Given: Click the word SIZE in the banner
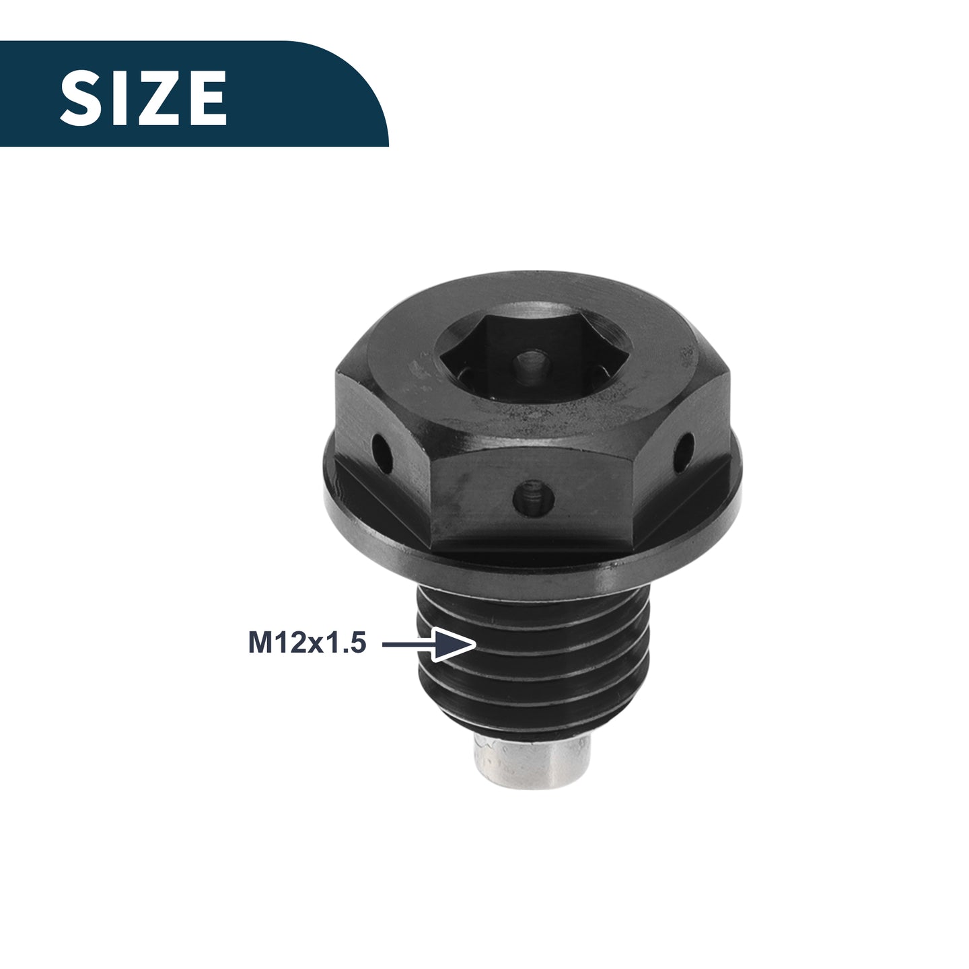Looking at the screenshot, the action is tap(143, 98).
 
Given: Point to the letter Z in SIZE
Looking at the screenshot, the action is tap(154, 98).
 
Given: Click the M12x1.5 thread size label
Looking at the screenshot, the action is tap(308, 643).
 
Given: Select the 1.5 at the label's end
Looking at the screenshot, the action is tap(347, 643).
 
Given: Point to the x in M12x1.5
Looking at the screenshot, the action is tap(318, 646).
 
